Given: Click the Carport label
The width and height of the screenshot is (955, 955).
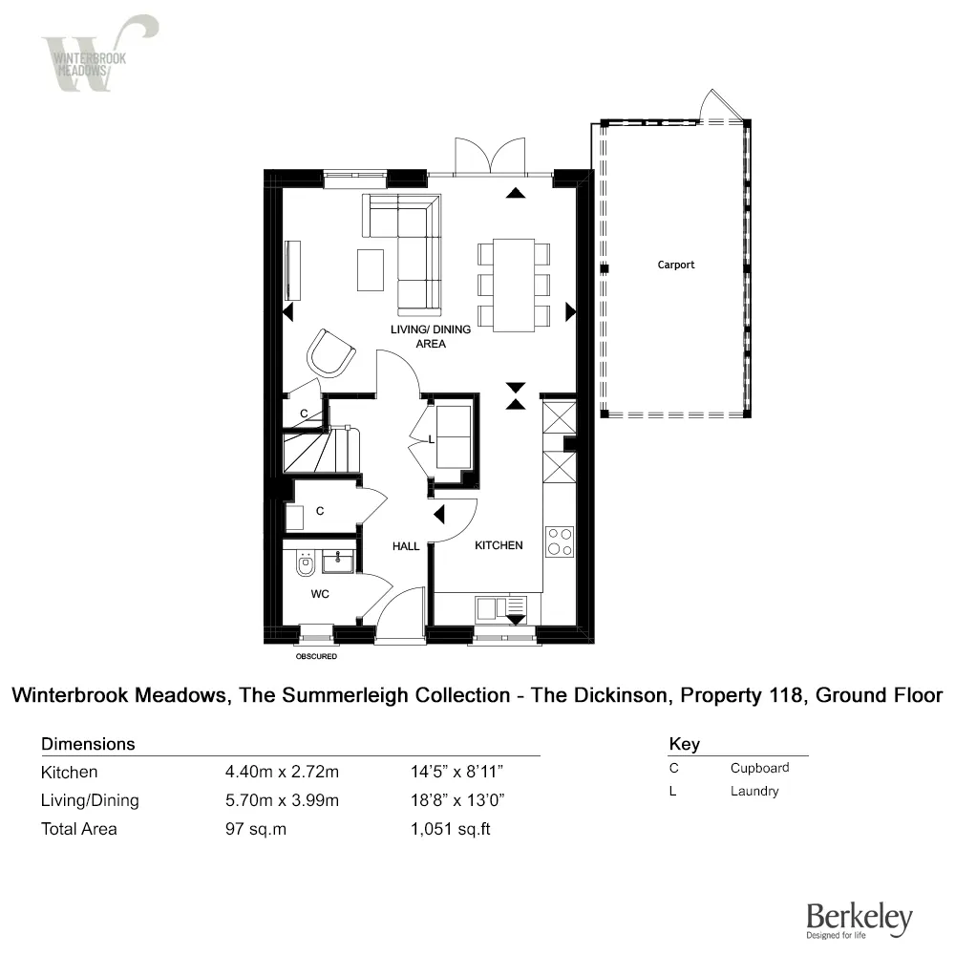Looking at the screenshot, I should coord(675,265).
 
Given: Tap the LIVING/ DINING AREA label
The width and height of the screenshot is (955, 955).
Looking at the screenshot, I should coord(431,336).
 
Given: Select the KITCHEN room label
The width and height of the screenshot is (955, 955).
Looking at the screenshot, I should coord(499,545).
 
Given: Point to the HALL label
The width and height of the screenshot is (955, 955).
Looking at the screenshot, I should coord(406,546).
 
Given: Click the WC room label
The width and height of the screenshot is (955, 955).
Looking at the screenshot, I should coord(320,594).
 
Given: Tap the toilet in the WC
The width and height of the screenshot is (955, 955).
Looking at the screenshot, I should coord(305,564).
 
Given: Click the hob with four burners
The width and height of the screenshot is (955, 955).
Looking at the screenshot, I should coord(559,541).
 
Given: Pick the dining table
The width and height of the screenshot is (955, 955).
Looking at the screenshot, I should coord(514,285).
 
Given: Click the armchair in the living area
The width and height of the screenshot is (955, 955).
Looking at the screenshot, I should coord(330,352).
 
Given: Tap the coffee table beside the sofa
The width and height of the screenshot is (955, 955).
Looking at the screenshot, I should coord(371,269).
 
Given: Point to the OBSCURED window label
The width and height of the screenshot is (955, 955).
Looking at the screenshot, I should coord(316,657).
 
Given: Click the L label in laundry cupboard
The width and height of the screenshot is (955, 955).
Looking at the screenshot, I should coord(432,440).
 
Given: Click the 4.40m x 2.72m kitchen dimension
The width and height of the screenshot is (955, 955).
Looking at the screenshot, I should coord(282,773).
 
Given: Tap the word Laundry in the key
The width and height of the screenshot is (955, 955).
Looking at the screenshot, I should coord(754,792).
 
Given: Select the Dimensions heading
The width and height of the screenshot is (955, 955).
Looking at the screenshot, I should coord(88,744).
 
